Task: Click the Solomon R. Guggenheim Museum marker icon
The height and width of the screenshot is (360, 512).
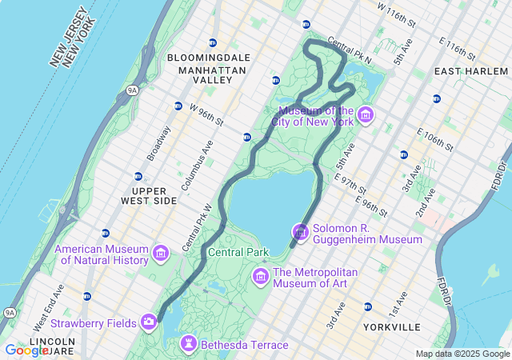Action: pyautogui.click(x=301, y=233)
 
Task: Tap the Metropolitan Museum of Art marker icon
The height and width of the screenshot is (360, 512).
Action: pyautogui.click(x=260, y=277)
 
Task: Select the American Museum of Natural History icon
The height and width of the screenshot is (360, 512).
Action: pyautogui.click(x=161, y=254)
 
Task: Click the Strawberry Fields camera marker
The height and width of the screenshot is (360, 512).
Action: pyautogui.click(x=149, y=322)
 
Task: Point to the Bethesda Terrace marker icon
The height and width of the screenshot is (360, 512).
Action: pyautogui.click(x=189, y=344)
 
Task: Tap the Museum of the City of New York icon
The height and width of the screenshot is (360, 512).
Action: pyautogui.click(x=366, y=115)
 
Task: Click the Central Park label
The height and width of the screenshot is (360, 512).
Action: pyautogui.click(x=238, y=252)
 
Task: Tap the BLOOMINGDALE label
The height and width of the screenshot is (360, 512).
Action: pyautogui.click(x=209, y=58)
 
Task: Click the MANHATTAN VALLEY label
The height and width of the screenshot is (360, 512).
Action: pyautogui.click(x=212, y=76)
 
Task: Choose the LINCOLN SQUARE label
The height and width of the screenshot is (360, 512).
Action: pyautogui.click(x=51, y=346)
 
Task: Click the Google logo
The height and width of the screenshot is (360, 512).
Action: pyautogui.click(x=26, y=350)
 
